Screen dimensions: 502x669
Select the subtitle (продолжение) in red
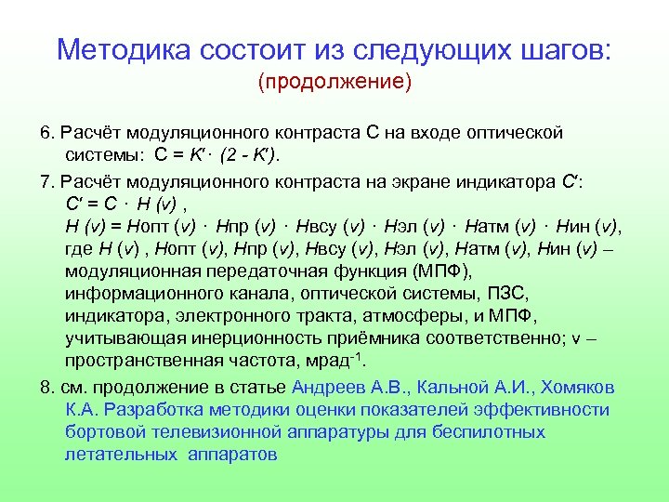tap(334, 83)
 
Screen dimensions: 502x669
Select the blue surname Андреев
tap(327, 387)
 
